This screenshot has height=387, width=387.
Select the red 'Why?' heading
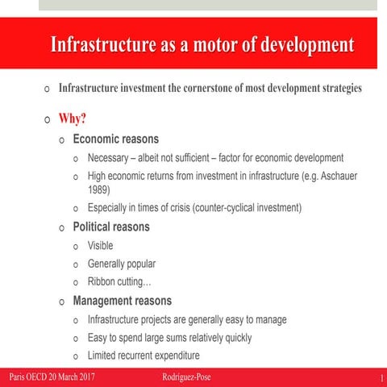tap(73, 119)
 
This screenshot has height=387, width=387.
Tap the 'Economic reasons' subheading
tap(115, 139)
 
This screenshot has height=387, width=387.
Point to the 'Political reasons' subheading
tap(111, 227)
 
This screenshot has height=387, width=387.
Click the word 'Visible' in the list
tap(100, 245)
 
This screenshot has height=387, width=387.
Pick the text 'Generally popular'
tap(122, 264)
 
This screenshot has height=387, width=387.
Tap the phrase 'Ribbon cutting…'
tap(119, 282)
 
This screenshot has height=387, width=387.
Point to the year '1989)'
tap(99, 189)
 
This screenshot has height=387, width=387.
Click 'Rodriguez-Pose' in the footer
tap(186, 377)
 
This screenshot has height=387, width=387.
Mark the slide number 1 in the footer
tap(380, 377)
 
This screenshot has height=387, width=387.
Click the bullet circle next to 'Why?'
tap(48, 120)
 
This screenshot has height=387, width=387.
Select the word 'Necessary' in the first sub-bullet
tap(111, 157)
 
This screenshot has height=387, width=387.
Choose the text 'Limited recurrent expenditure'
tap(144, 356)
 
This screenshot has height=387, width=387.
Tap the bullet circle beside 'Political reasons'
tap(62, 227)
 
